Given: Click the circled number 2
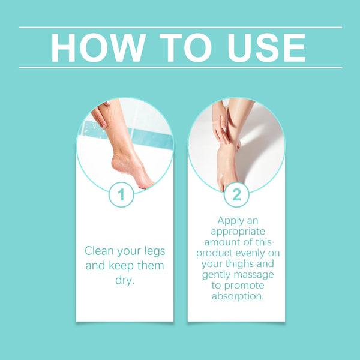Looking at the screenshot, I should coord(236,195).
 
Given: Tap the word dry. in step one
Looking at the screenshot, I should coord(124,280).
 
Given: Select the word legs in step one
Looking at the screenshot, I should coord(152,251).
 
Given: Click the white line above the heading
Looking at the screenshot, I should coord(180,28).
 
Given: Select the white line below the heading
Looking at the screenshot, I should coord(180,67).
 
